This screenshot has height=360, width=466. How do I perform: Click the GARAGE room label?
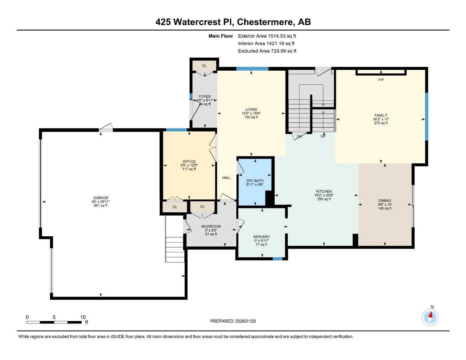coord(101,198)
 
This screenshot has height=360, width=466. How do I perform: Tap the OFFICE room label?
coord(189,162)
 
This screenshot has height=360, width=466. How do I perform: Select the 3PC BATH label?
coord(255,181)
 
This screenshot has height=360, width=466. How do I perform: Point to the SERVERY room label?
coord(261,237)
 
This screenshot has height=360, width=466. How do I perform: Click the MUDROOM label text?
coord(211,226)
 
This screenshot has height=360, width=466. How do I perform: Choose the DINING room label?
coord(385,201)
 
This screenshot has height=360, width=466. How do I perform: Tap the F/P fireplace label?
coord(381,80)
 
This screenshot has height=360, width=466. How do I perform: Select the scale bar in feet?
coord(54,322)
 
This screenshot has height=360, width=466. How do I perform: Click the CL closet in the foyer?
coord(204,66)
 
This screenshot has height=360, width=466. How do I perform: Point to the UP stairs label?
coord(323,136)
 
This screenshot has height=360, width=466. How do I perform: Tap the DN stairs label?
coord(299,136)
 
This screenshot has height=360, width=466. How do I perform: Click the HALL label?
coord(226,178)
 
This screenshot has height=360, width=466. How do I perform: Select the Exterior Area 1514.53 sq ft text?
coord(267,36)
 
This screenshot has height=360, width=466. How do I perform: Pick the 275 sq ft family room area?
coord(381,123)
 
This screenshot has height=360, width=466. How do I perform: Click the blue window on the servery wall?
coord(277,259)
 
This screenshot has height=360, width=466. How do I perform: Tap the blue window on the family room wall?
coord(427,116)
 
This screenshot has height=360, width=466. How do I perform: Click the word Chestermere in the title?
coord(265,22)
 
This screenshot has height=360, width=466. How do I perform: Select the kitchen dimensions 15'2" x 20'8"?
coord(324,195)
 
